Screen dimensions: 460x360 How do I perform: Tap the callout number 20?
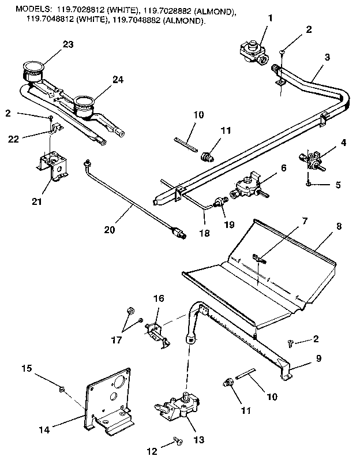coord(110,230)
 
